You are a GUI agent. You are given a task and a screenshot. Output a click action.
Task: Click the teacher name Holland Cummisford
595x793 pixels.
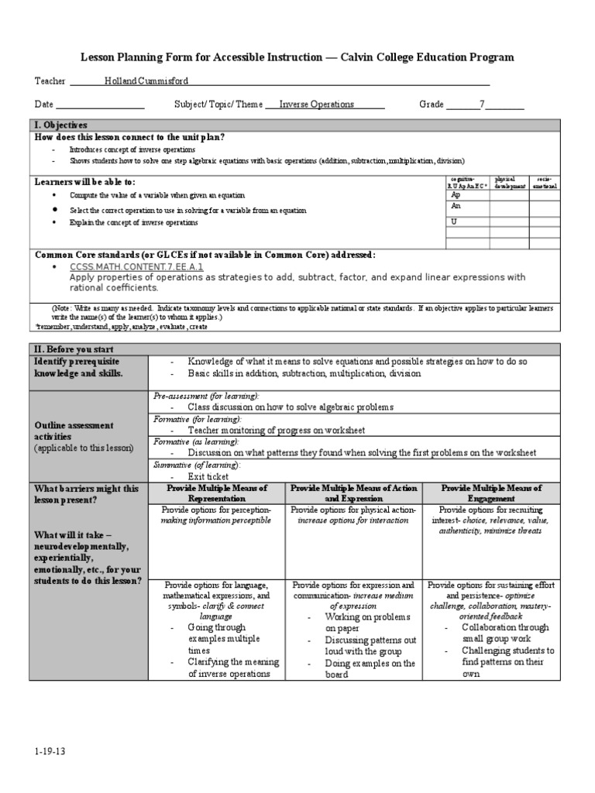coord(146,81)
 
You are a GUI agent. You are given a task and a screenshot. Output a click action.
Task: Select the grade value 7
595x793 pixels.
coord(483,104)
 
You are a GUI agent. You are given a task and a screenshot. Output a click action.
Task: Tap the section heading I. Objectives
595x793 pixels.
coord(60,125)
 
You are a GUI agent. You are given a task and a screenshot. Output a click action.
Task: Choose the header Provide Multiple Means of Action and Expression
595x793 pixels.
coord(354,493)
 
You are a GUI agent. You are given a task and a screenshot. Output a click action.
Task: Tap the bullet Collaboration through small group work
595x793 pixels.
coord(505,633)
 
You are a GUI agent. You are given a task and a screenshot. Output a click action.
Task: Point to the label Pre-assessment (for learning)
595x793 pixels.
coord(201,395)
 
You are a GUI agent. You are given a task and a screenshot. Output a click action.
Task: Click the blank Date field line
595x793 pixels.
coord(100,105)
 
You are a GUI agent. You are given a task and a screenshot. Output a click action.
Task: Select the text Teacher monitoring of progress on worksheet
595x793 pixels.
coord(276,430)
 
